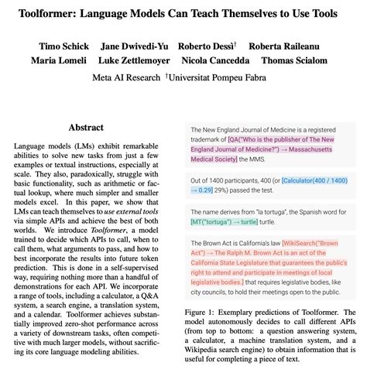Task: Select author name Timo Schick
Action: tap(60, 43)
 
